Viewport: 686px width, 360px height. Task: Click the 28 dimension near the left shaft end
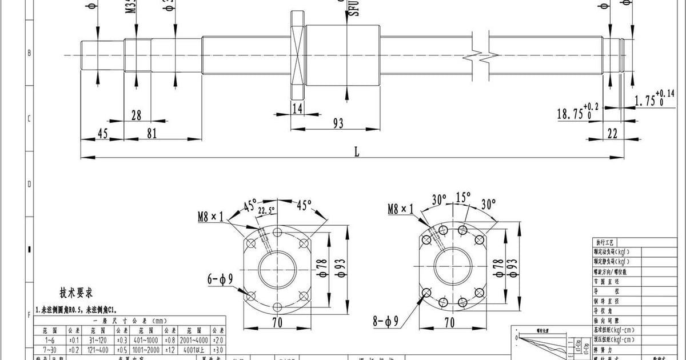coord(136,115)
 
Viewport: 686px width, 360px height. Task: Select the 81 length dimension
coord(152,133)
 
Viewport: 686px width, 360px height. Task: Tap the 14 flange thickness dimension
coord(297,108)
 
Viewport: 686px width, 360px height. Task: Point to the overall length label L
coord(357,151)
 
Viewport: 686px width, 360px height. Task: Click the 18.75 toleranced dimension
coord(574,114)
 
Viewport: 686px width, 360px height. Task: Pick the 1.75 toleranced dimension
coord(649,100)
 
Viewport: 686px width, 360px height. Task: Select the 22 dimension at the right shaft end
coord(613,133)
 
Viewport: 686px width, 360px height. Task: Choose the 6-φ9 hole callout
coord(220,279)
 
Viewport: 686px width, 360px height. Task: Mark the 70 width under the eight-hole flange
coord(449,323)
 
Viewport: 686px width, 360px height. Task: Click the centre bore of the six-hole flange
coord(277,269)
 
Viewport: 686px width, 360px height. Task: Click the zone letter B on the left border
coord(29,53)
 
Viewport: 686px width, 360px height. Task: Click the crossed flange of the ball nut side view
coord(298,55)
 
